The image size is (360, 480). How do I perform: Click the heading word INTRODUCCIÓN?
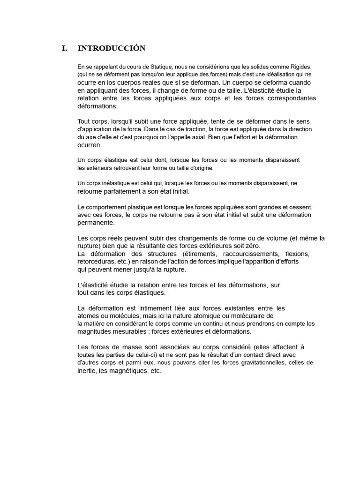coord(112,48)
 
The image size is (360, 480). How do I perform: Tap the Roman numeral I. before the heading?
coord(64,48)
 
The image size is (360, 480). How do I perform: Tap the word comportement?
coord(107,207)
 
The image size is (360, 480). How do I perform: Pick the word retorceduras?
coord(97,262)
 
